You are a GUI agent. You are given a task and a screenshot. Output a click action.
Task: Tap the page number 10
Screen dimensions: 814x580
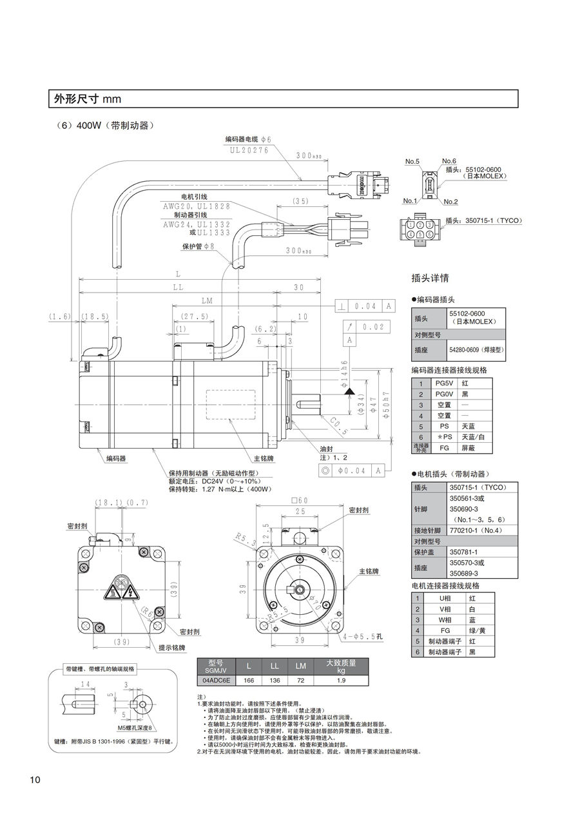click(x=35, y=780)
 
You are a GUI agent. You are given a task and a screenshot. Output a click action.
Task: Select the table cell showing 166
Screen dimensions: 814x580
click(x=249, y=680)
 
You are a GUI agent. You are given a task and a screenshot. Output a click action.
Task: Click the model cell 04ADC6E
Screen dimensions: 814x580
click(x=215, y=680)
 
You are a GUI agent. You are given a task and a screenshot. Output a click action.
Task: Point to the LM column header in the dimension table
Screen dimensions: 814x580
click(x=300, y=666)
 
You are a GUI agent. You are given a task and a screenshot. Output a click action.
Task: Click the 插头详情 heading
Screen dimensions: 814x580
click(x=430, y=278)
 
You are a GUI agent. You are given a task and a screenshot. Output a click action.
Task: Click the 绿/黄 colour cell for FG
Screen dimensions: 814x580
click(x=477, y=630)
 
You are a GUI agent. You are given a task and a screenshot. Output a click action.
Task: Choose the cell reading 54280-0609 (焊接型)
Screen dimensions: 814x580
click(x=477, y=349)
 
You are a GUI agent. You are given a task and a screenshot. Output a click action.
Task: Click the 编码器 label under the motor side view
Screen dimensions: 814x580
click(x=116, y=458)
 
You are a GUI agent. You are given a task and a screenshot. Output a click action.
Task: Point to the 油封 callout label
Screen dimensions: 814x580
click(x=326, y=448)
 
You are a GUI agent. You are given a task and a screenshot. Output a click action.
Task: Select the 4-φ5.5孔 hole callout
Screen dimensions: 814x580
click(x=363, y=637)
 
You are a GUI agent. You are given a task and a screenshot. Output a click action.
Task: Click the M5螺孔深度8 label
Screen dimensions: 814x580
click(x=134, y=727)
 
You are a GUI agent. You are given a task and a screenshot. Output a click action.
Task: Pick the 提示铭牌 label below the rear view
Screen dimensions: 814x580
click(x=171, y=647)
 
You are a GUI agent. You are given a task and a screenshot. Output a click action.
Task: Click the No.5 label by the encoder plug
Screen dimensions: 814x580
click(x=412, y=160)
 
